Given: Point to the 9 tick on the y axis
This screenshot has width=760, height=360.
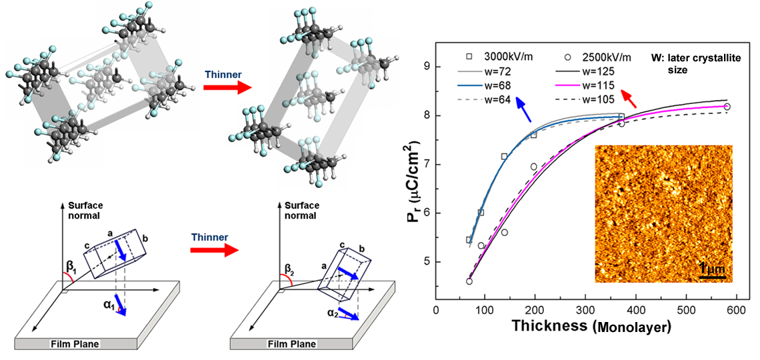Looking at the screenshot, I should (x=426, y=67).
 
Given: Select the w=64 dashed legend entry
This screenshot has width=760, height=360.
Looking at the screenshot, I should (x=491, y=100).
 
